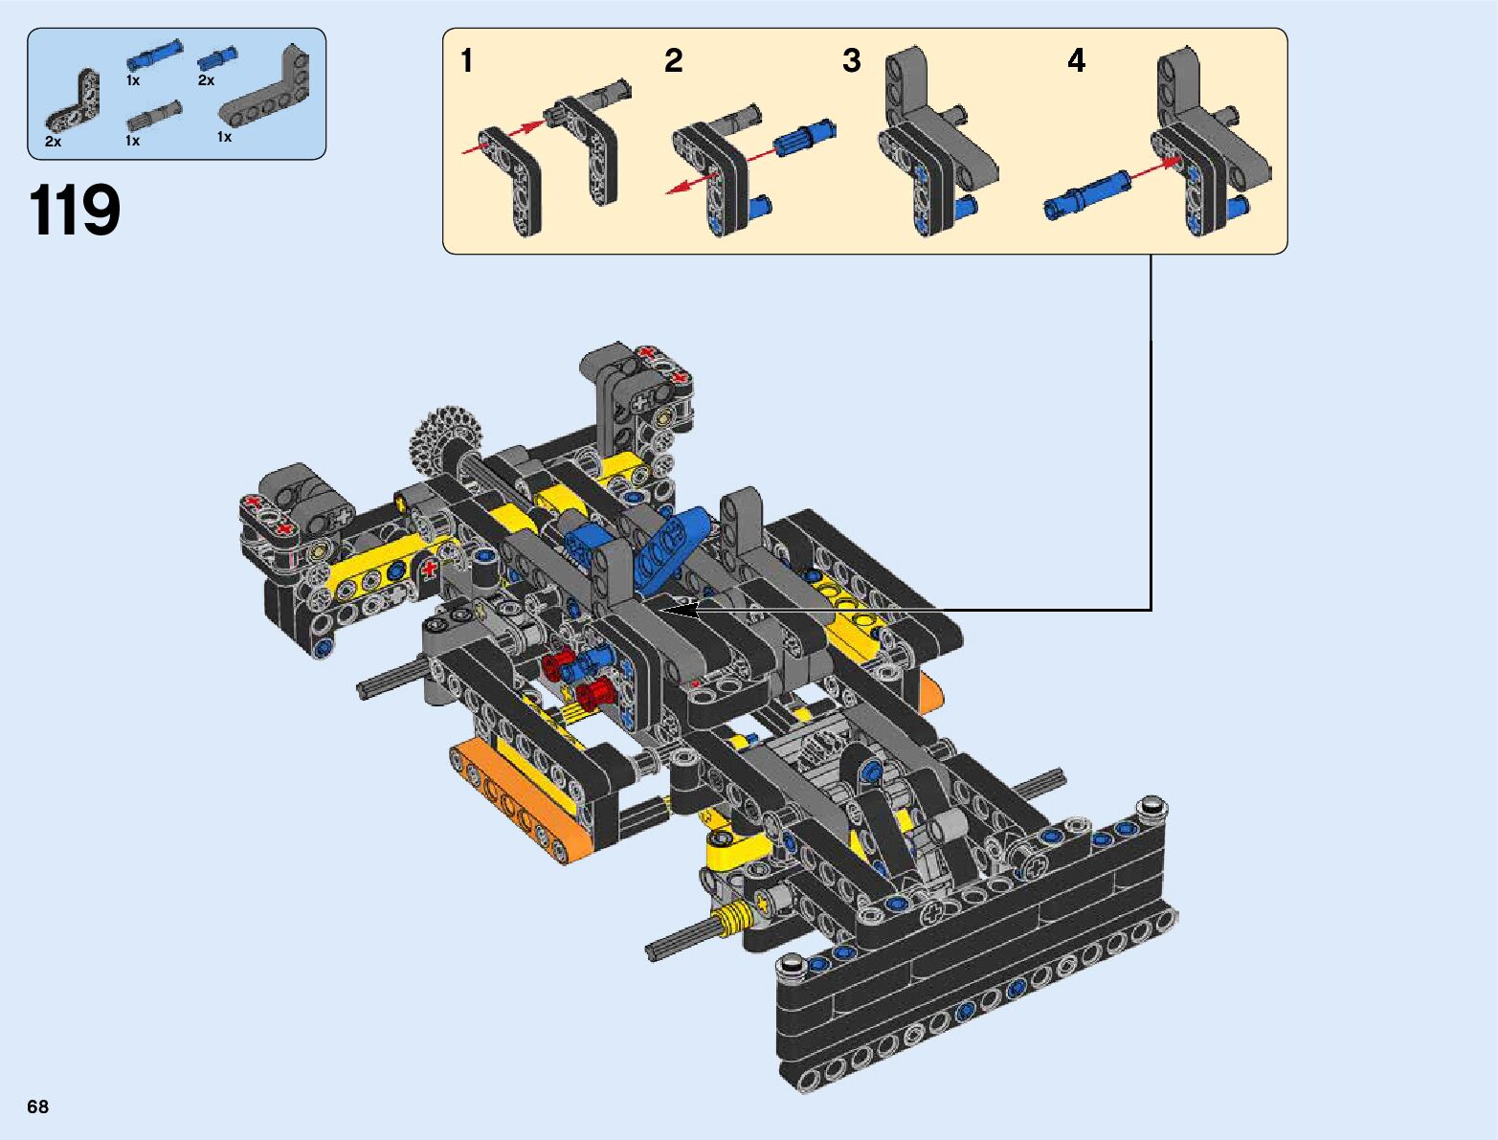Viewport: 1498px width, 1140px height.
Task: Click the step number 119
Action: point(75,210)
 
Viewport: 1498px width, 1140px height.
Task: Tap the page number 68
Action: point(37,1106)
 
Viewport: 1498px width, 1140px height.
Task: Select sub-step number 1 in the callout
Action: point(467,60)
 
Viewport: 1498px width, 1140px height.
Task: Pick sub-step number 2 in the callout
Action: point(673,60)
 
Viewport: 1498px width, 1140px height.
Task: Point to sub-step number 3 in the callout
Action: point(851,60)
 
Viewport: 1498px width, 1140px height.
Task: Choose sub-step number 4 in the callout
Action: point(1076,60)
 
